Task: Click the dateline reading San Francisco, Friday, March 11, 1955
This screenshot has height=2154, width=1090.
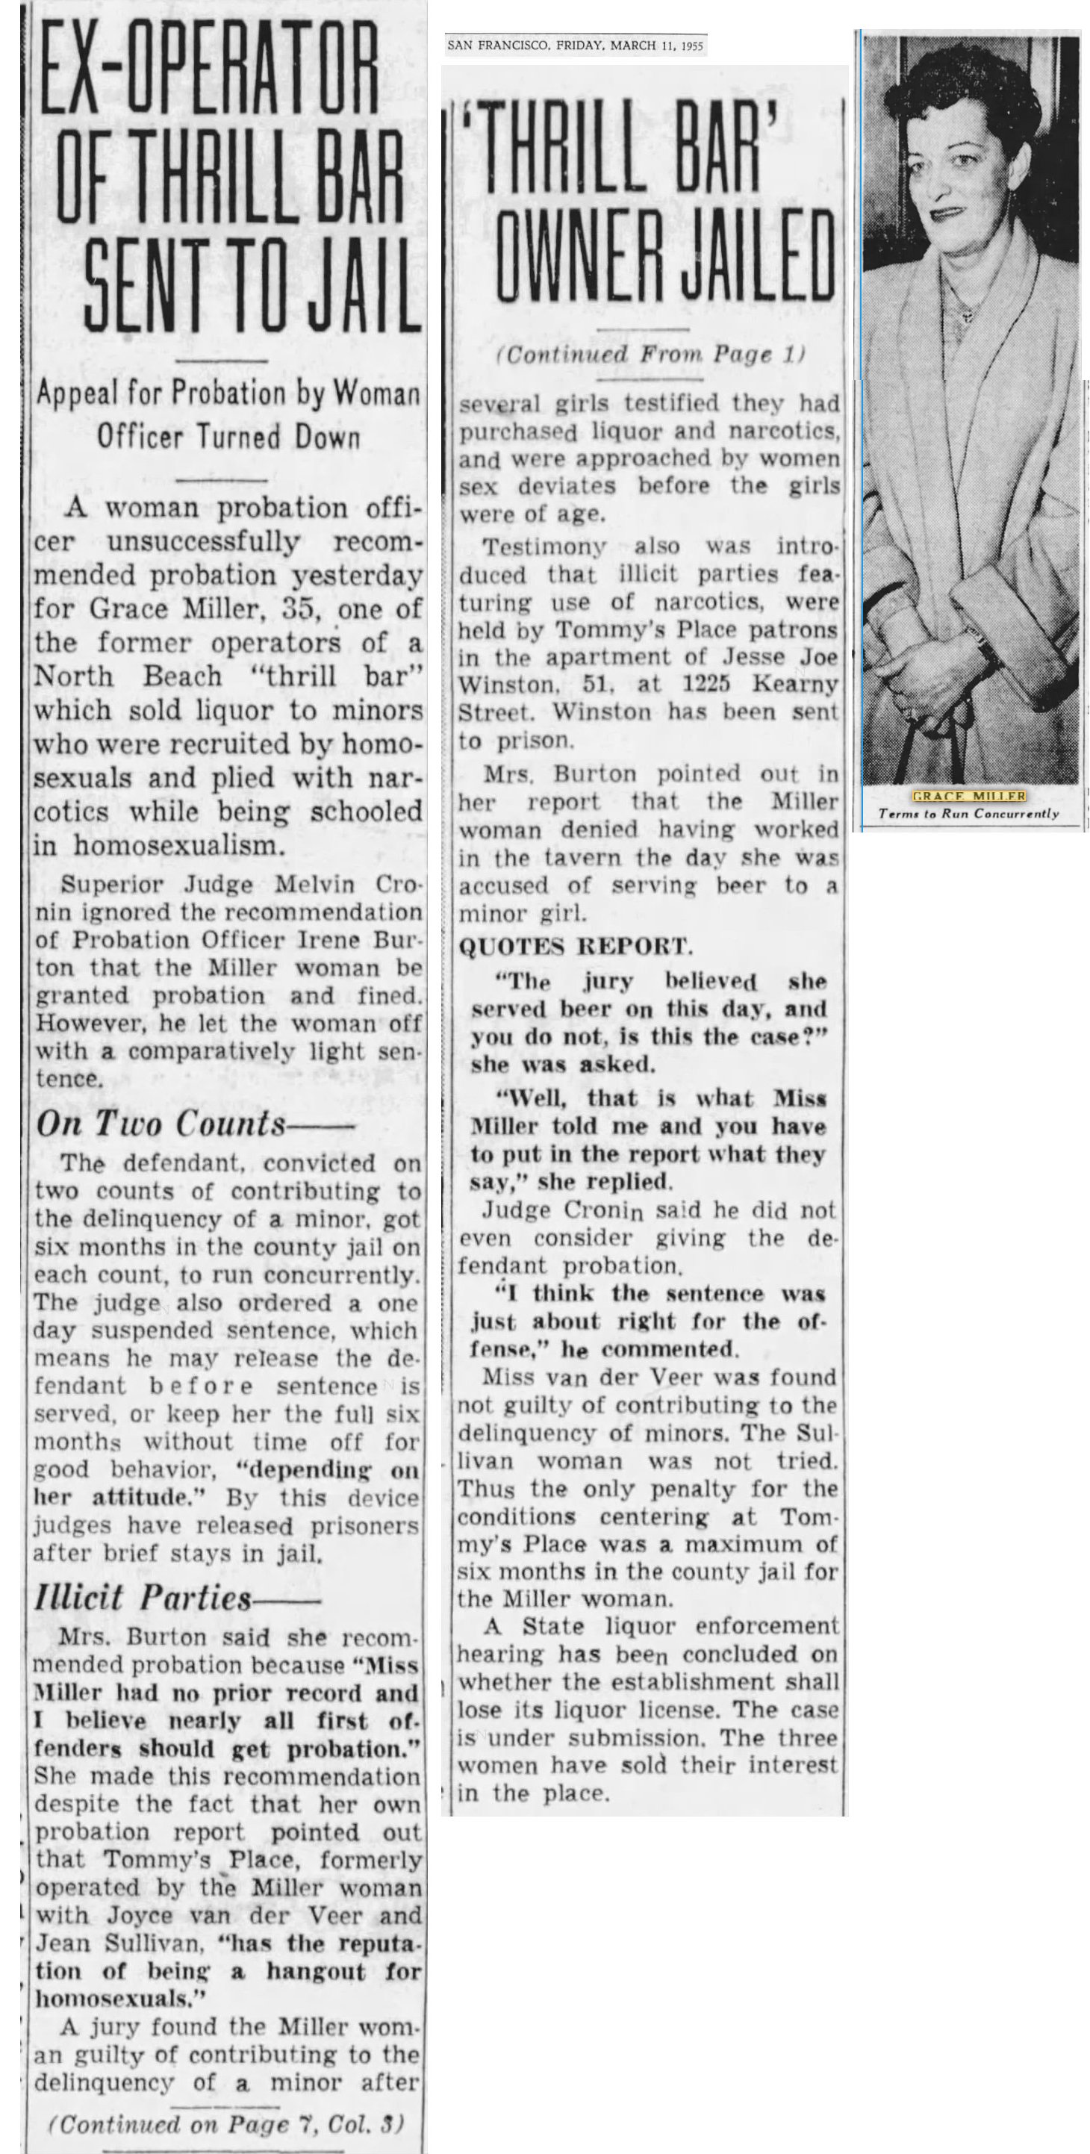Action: click(x=575, y=45)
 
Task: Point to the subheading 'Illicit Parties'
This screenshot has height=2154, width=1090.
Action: click(x=143, y=1598)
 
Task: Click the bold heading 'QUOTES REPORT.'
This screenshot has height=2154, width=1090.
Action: click(x=575, y=947)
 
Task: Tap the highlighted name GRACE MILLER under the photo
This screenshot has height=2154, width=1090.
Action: click(x=968, y=796)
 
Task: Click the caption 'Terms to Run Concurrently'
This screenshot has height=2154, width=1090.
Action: click(x=968, y=813)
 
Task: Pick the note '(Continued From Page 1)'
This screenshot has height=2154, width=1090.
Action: click(x=650, y=355)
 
